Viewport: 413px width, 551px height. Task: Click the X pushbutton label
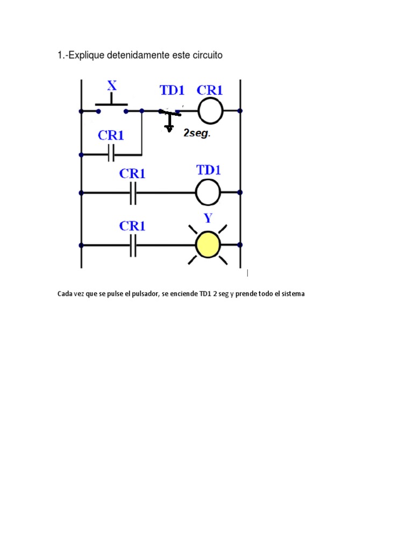point(112,85)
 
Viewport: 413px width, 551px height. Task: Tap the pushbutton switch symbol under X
point(112,104)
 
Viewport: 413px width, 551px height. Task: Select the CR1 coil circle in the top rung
point(210,111)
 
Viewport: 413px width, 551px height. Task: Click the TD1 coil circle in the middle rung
point(208,192)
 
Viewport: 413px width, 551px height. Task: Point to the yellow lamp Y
point(208,245)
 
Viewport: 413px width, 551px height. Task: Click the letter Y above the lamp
point(208,218)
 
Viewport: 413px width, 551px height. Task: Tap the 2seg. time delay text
point(197,133)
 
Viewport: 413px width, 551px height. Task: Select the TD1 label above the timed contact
point(172,90)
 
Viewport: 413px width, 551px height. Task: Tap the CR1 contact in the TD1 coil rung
point(133,193)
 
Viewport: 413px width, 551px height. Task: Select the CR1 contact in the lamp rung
point(133,245)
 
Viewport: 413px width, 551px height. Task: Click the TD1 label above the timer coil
point(209,170)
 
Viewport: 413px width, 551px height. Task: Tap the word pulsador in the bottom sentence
point(145,294)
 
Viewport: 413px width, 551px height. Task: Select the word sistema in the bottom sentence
point(293,294)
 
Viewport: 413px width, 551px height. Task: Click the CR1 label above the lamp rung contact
point(132,225)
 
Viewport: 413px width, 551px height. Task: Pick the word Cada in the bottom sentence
point(64,294)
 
